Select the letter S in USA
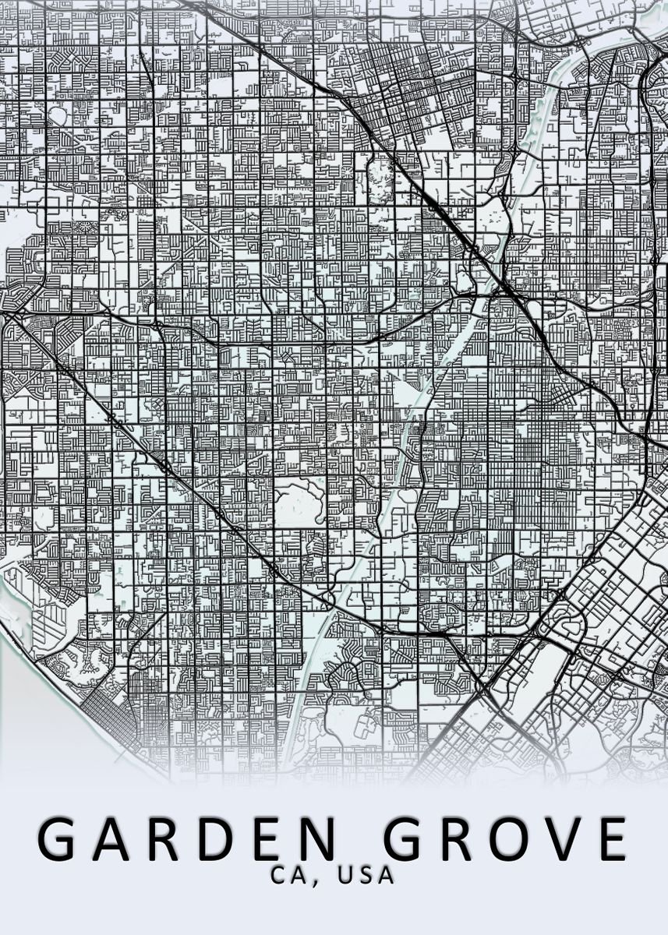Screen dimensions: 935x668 coord(365,876)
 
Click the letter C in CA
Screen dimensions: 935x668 coord(278,876)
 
